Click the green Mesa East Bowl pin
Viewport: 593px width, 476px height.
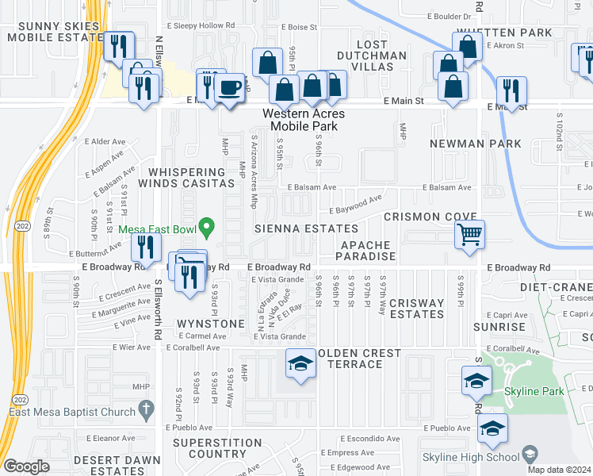pyautogui.click(x=207, y=228)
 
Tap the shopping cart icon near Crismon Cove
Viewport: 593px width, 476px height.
pyautogui.click(x=469, y=234)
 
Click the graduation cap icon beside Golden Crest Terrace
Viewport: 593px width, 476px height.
pyautogui.click(x=301, y=364)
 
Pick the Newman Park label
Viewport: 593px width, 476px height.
pyautogui.click(x=476, y=144)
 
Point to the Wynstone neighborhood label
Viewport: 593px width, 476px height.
pyautogui.click(x=210, y=324)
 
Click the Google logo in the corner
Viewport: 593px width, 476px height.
pyautogui.click(x=26, y=466)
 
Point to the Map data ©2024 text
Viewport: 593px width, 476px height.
pyautogui.click(x=558, y=470)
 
